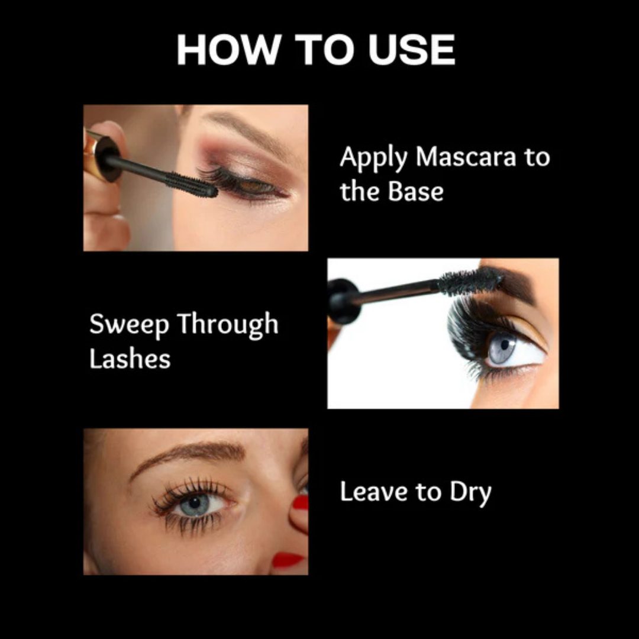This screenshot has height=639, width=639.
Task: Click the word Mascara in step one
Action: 453,158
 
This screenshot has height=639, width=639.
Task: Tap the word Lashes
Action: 130,359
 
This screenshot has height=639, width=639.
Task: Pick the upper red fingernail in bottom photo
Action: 301,503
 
